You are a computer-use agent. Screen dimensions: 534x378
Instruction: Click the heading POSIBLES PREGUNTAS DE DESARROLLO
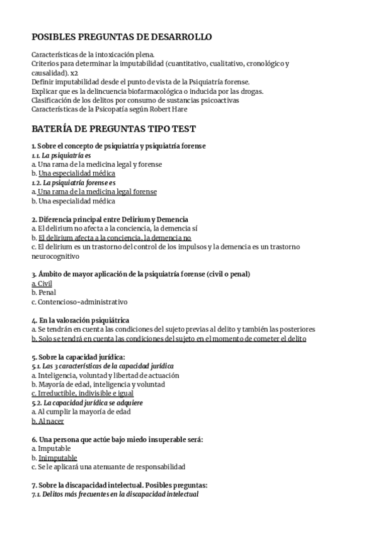click(x=122, y=37)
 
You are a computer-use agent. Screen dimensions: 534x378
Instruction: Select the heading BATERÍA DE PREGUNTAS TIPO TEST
click(x=113, y=128)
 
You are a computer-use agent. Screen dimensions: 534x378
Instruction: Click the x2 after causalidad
click(x=75, y=72)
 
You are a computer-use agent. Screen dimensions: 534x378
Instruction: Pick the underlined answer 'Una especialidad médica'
click(x=76, y=173)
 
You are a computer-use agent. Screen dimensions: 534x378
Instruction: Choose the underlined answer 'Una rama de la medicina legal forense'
click(x=97, y=191)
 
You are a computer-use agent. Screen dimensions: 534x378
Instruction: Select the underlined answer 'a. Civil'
click(x=42, y=283)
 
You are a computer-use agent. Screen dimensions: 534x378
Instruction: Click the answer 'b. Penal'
click(x=43, y=292)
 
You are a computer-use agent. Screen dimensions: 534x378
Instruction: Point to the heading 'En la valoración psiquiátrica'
click(x=84, y=321)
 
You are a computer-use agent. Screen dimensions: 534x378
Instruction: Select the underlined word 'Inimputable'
click(x=57, y=458)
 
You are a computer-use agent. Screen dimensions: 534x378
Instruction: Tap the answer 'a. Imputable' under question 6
click(x=51, y=448)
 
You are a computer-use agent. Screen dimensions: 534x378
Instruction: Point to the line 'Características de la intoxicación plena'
click(x=93, y=55)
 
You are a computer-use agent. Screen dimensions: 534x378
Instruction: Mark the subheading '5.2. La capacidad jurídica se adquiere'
click(x=88, y=402)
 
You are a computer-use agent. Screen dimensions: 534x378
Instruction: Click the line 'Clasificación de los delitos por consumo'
click(x=135, y=99)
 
